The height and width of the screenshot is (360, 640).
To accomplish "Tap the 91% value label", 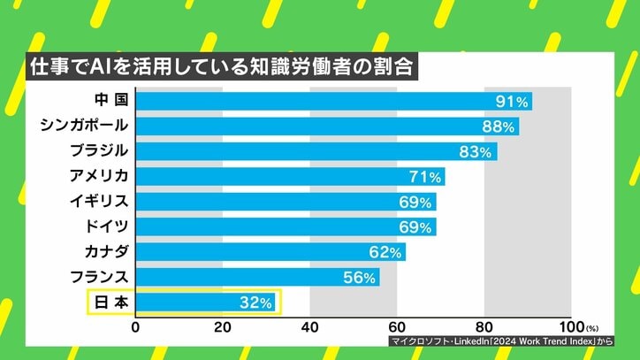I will pyautogui.click(x=513, y=101).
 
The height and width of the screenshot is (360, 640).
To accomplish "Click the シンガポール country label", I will pyautogui.click(x=85, y=126).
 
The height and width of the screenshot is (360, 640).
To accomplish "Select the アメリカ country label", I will pyautogui.click(x=98, y=176).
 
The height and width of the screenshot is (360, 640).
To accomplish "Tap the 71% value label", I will pyautogui.click(x=425, y=177).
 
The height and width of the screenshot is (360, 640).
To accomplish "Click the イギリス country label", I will pyautogui.click(x=98, y=202).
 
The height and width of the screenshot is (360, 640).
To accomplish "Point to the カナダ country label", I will pyautogui.click(x=104, y=252).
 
